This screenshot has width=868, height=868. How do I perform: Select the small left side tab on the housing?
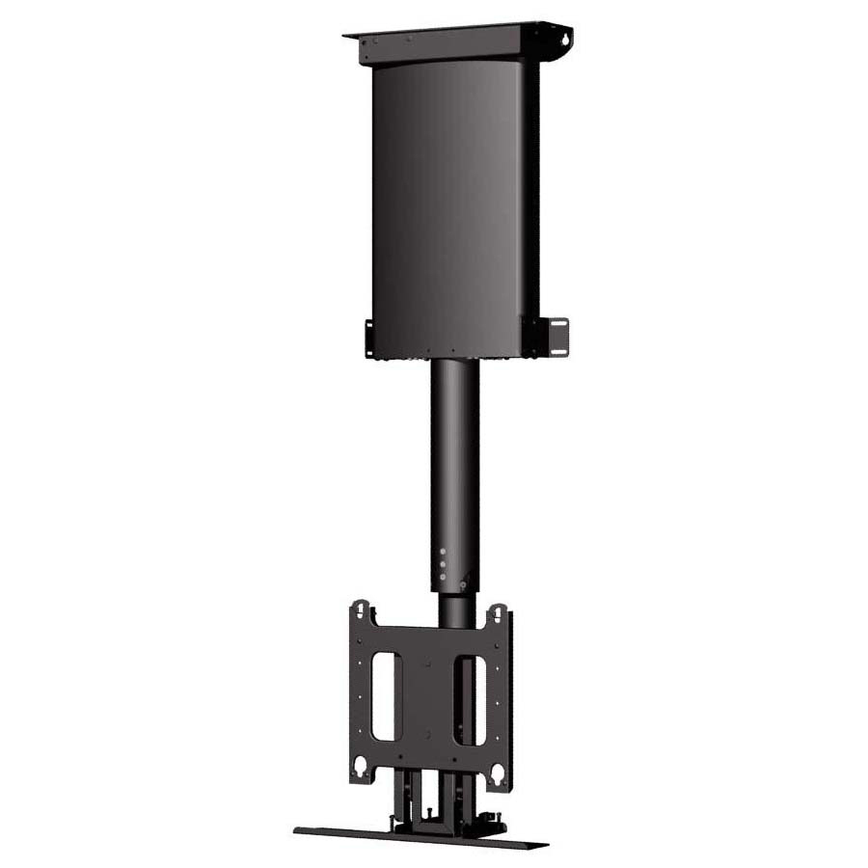(x=369, y=337)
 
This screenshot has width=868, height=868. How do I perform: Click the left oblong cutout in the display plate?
(x=384, y=695)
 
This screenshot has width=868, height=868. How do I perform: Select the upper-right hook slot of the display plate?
(x=498, y=614)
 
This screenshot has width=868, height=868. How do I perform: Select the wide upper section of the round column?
(x=454, y=453)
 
